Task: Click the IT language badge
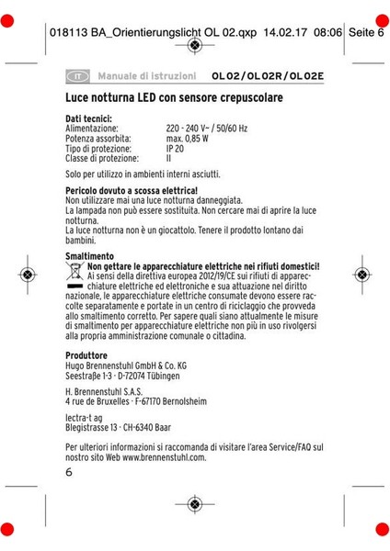(78, 75)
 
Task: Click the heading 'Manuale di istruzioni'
(146, 75)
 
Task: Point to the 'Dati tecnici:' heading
(89, 119)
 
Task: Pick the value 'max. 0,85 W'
(189, 139)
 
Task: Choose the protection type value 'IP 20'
(175, 149)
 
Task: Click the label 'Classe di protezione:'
(102, 158)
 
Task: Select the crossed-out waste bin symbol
(75, 270)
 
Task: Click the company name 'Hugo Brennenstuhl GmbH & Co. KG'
(126, 365)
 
